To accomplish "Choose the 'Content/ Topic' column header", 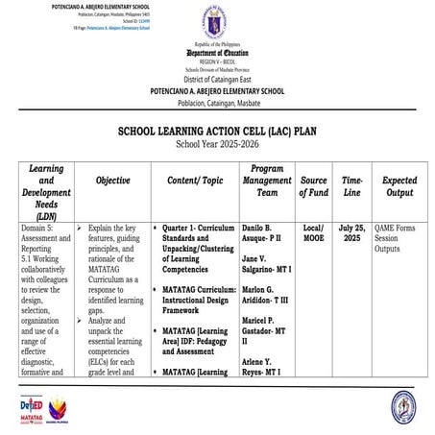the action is pyautogui.click(x=196, y=180).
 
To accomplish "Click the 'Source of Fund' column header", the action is pyautogui.click(x=313, y=180).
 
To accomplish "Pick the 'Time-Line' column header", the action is pyautogui.click(x=352, y=180).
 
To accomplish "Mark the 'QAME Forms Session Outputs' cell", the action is pyautogui.click(x=399, y=241).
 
